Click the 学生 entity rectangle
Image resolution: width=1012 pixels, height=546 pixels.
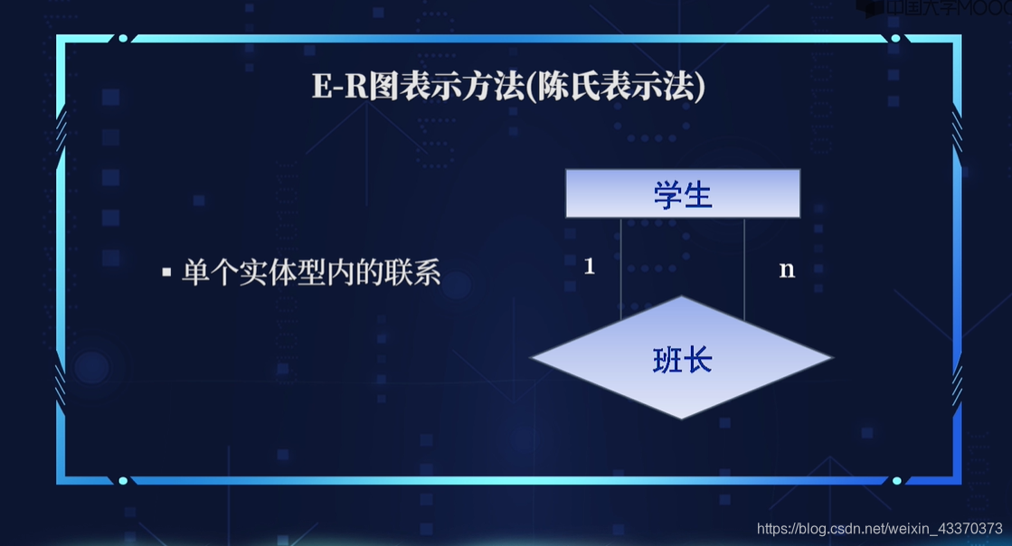[x=683, y=193]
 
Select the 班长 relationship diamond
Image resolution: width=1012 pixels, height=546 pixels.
[x=681, y=358]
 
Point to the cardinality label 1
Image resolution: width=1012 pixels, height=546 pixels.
[x=590, y=266]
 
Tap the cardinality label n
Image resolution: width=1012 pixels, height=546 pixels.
[x=787, y=269]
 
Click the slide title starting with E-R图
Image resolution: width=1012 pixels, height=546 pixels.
[x=508, y=88]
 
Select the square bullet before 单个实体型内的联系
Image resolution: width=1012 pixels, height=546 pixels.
[x=166, y=271]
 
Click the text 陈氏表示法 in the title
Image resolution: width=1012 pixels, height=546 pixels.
[x=623, y=88]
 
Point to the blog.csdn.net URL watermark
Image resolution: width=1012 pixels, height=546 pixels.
[x=878, y=528]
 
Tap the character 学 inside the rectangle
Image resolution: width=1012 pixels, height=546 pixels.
[x=668, y=194]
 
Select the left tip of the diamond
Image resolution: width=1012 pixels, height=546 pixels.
[x=534, y=358]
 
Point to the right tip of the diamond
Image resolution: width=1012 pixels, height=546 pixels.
[x=829, y=358]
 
